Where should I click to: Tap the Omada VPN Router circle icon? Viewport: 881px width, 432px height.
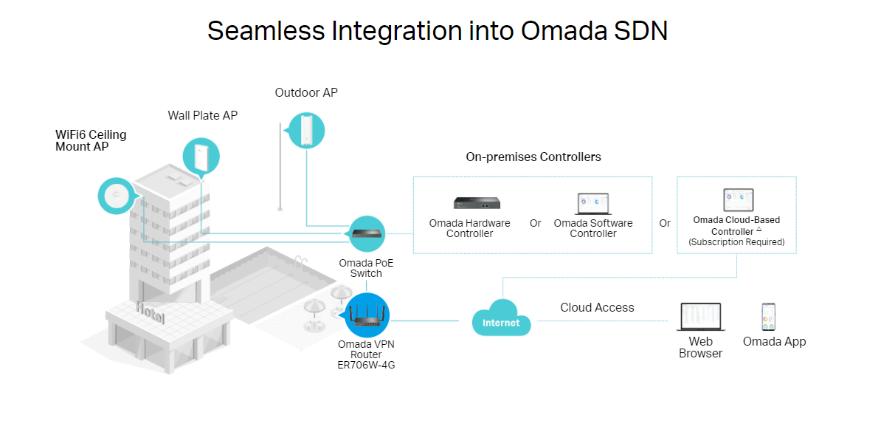(367, 315)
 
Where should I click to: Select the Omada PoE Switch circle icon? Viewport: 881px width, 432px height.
(366, 233)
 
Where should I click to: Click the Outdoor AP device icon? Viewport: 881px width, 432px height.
(306, 129)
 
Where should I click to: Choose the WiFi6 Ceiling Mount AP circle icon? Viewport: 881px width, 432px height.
(117, 196)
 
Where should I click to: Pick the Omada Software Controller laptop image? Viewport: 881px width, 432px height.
(592, 204)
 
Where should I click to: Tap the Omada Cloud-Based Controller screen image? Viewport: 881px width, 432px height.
(737, 200)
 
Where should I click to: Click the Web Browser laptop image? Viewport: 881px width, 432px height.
(699, 317)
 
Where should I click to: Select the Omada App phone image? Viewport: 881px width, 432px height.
(769, 317)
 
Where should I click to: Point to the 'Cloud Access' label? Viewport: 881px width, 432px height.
(597, 307)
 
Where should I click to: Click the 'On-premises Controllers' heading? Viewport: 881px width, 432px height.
(533, 157)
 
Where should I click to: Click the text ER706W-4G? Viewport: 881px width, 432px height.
(366, 365)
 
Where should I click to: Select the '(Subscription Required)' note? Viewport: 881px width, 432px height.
(736, 242)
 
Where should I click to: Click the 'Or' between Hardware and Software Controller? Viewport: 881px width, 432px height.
(535, 223)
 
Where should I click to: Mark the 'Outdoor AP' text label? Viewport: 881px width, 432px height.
(306, 92)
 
